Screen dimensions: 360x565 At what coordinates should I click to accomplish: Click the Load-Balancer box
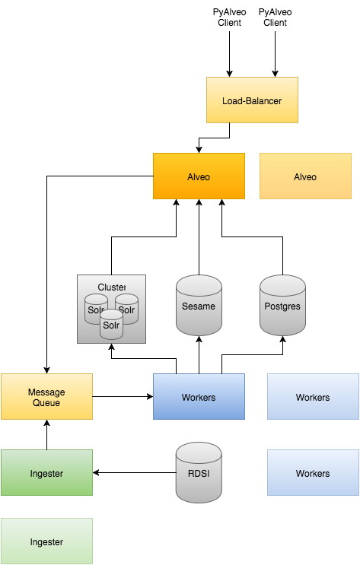click(252, 100)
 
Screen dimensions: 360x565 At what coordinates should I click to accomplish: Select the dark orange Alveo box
click(199, 176)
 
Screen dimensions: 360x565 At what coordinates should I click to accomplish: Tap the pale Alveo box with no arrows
click(305, 176)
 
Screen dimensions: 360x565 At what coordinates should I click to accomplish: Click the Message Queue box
click(46, 396)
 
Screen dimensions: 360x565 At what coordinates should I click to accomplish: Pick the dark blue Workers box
click(199, 396)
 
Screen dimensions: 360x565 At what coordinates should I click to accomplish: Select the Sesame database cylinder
click(199, 305)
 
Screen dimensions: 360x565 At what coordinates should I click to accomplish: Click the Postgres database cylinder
click(282, 305)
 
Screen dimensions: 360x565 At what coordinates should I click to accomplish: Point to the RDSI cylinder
click(199, 472)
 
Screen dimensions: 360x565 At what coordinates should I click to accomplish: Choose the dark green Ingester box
click(46, 472)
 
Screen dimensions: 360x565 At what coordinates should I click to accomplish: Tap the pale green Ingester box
click(46, 541)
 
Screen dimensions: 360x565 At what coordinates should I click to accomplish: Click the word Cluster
click(112, 287)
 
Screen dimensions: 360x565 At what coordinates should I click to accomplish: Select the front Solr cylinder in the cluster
click(111, 324)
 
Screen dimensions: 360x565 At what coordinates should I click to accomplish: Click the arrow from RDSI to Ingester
click(135, 472)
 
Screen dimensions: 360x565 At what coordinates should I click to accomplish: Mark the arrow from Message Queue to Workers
click(123, 396)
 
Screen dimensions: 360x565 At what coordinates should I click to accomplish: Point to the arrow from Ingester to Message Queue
click(46, 434)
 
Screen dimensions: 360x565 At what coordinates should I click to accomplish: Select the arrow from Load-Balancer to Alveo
click(215, 138)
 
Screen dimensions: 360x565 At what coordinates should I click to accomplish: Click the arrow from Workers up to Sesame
click(199, 354)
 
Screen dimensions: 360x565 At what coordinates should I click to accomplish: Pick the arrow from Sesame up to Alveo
click(199, 236)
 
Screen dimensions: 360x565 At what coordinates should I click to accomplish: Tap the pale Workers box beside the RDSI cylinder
click(313, 472)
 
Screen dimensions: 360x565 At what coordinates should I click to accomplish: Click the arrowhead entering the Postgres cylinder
click(282, 339)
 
